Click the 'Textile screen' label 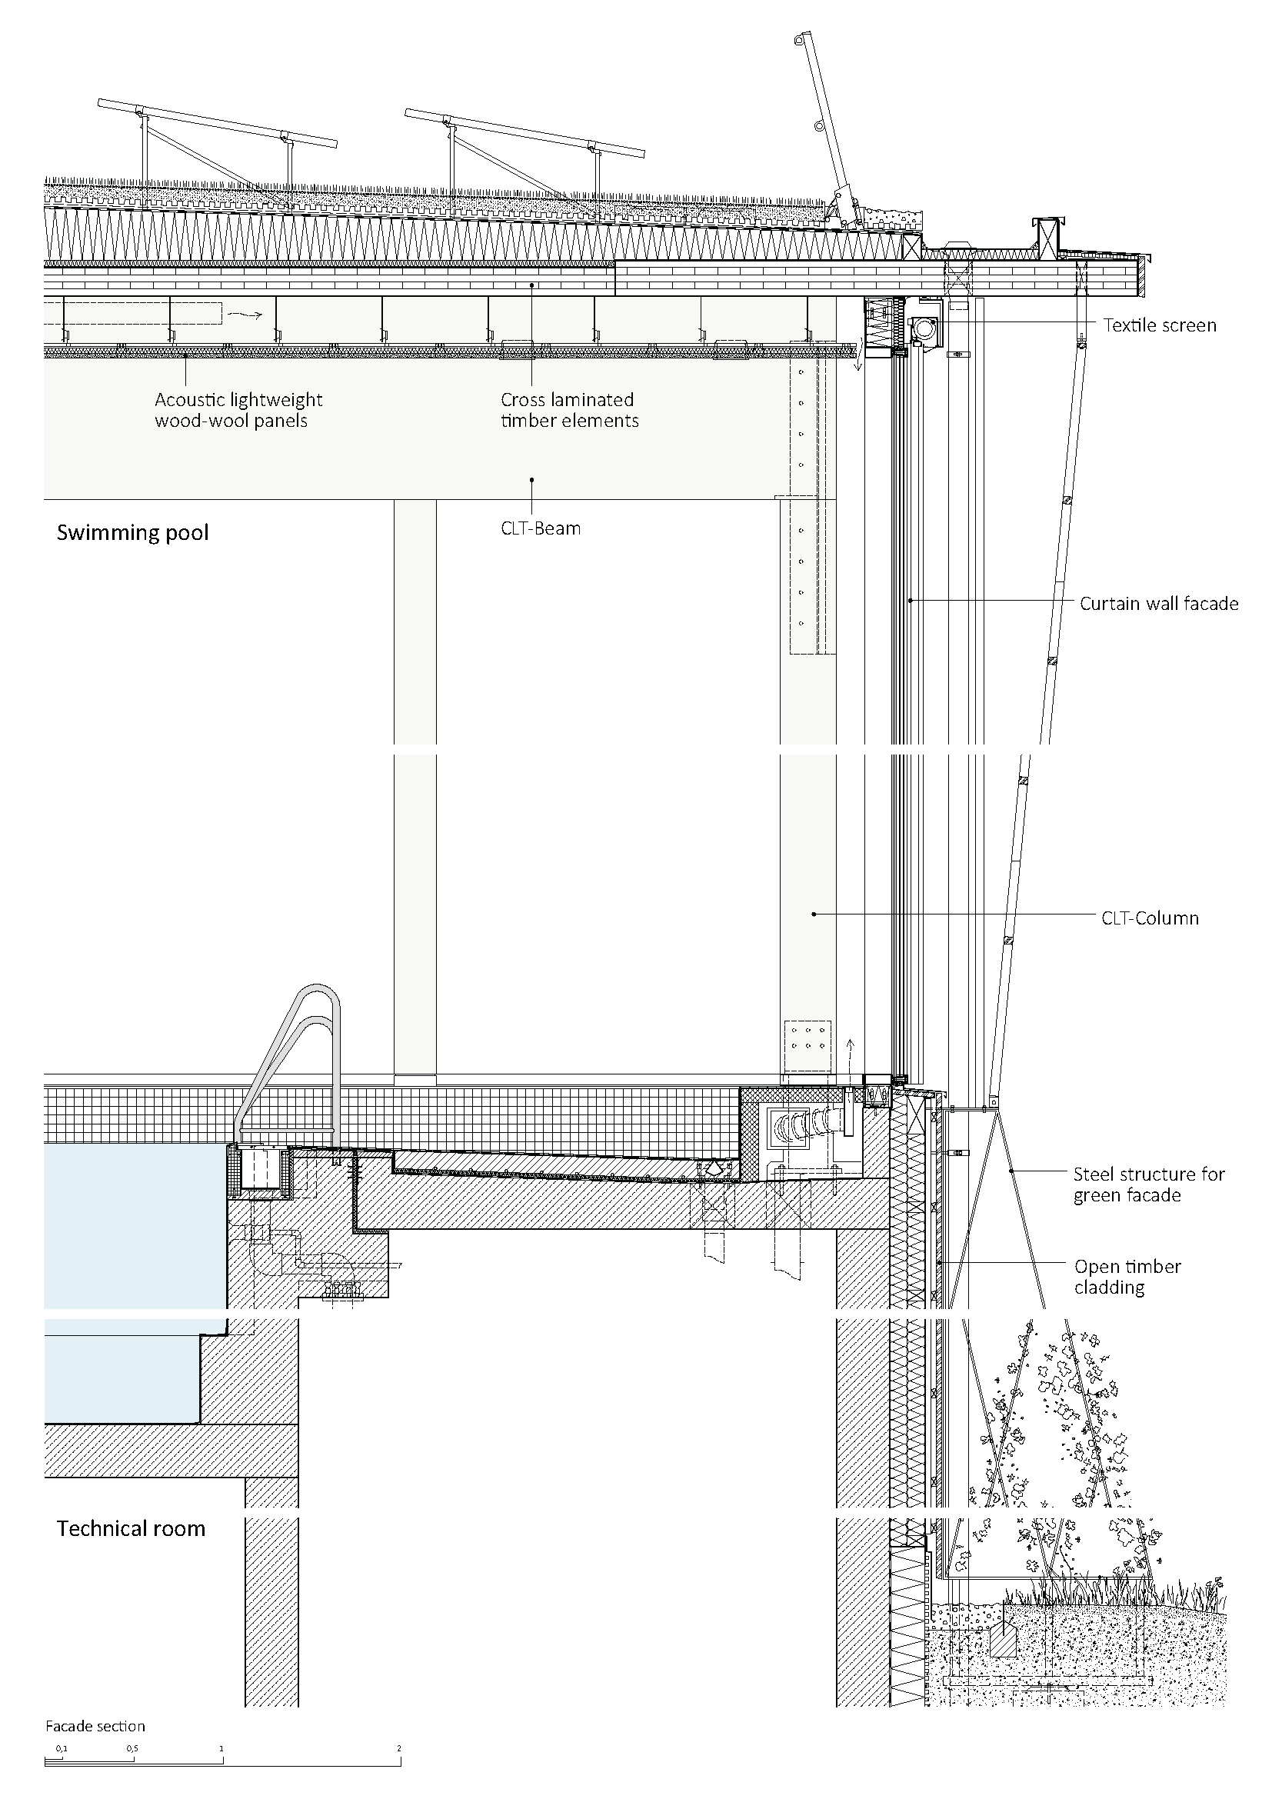(1159, 325)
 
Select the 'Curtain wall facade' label (1158, 603)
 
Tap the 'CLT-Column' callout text (1149, 918)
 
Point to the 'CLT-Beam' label (541, 528)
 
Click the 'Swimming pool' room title (132, 533)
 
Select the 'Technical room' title (131, 1529)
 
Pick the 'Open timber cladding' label (1127, 1277)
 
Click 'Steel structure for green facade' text (1147, 1184)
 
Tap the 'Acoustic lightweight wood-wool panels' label (238, 410)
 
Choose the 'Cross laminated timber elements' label (568, 410)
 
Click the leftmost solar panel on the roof (217, 125)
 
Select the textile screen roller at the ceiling (924, 328)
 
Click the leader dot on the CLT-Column (814, 914)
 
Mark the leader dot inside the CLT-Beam (532, 478)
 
